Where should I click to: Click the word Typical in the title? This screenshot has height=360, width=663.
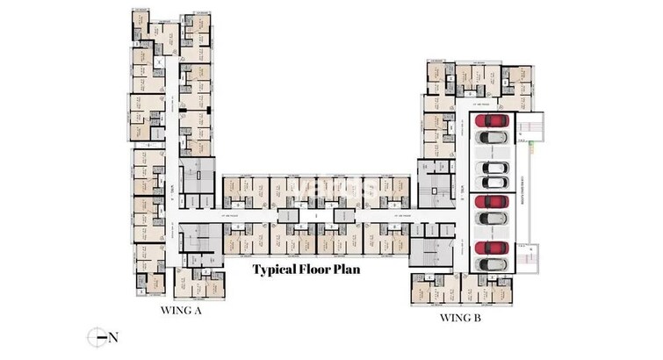click(x=278, y=270)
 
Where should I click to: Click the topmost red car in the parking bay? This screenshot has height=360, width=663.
click(x=493, y=120)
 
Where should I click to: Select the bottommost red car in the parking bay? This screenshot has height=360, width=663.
click(x=493, y=248)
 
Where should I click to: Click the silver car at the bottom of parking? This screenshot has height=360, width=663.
click(x=493, y=263)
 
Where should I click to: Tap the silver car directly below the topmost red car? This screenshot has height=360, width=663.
click(x=493, y=137)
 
